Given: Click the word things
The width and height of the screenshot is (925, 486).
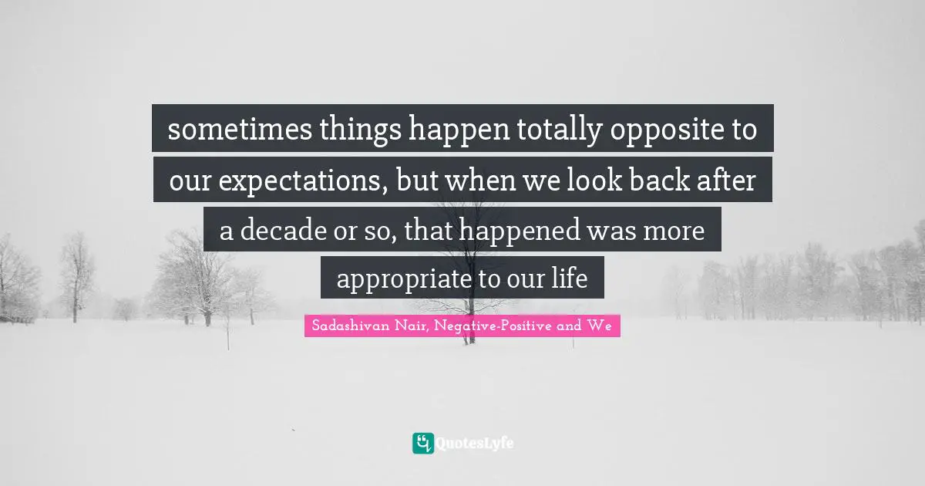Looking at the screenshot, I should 335,130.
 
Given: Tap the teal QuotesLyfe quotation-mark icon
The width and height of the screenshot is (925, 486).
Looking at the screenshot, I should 422,443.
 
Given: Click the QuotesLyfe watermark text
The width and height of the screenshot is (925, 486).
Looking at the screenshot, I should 475,444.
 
